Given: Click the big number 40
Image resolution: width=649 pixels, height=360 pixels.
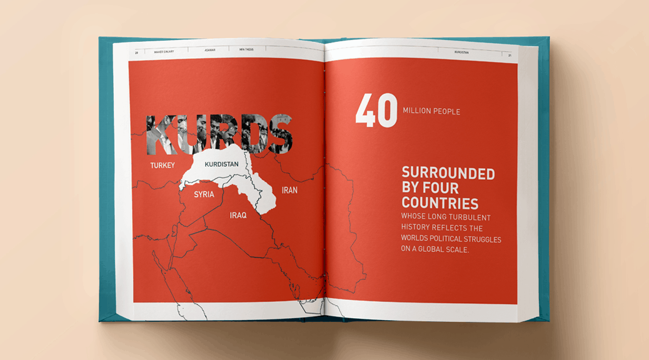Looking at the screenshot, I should tap(376, 111).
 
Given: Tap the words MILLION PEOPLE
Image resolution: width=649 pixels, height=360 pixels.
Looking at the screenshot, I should tap(431, 112).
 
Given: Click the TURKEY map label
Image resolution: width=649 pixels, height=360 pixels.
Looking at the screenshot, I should tap(162, 166).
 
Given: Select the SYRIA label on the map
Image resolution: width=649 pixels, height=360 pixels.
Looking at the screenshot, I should tap(204, 194).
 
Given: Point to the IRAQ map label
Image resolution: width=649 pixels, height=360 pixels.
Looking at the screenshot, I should tap(238, 215).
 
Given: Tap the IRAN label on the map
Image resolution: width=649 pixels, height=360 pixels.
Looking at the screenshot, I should tap(289, 190).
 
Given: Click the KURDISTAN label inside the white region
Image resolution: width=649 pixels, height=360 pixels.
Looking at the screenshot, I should tap(222, 164).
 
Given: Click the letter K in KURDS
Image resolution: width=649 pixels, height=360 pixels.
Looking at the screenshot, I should tap(160, 134).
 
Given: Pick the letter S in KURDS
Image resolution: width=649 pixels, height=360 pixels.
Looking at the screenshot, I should tap(280, 134).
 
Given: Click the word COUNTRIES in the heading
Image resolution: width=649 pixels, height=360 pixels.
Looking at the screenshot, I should tap(440, 203).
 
